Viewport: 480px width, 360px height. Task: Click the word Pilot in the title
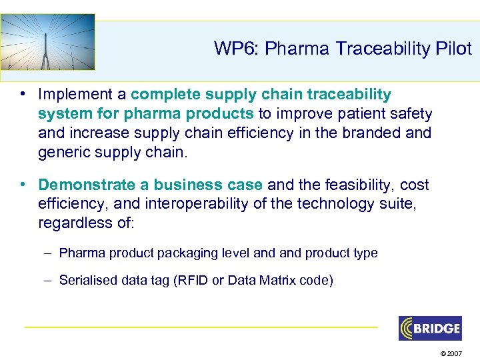click(x=453, y=49)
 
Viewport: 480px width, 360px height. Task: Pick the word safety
click(x=410, y=114)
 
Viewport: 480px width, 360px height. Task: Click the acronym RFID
click(x=192, y=281)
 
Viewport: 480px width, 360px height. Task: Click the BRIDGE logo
click(x=430, y=328)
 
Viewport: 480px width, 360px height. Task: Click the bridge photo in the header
click(x=47, y=41)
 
